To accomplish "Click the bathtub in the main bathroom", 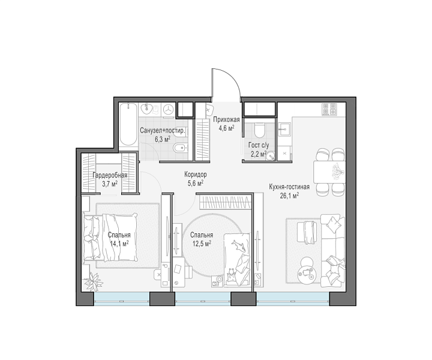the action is pos(128,127).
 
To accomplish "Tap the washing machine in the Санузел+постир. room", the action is pos(168,109).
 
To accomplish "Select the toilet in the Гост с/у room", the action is pos(260,130).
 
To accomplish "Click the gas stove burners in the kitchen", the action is pos(329,109).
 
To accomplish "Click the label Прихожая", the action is pos(226,119).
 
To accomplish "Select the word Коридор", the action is pos(196,175).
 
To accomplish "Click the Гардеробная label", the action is pos(110,175).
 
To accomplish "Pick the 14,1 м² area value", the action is pos(119,244).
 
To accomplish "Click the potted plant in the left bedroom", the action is pos(93,281).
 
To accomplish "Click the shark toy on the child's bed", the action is pos(238,245).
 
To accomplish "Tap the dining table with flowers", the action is pos(329,172).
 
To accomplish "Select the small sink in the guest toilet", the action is pos(270,155).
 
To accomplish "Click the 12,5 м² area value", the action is pos(202,243).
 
